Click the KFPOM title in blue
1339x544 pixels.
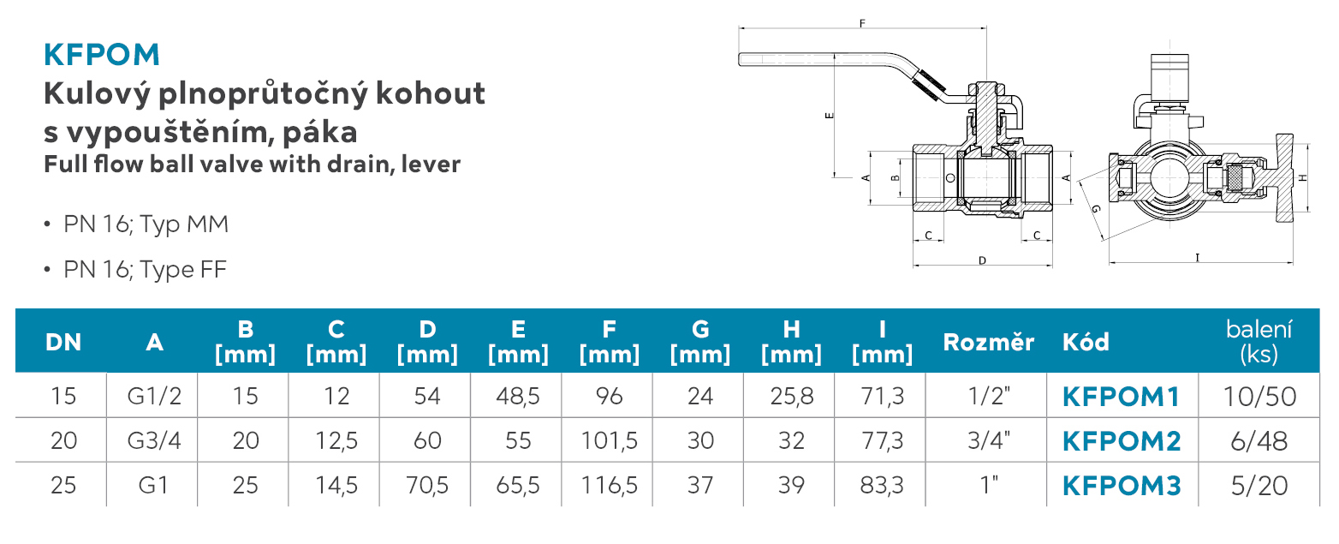click(x=102, y=55)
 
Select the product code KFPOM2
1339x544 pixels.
click(x=1122, y=441)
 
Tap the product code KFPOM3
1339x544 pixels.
click(x=1122, y=486)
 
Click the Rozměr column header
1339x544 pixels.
click(x=988, y=343)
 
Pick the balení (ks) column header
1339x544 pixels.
click(x=1259, y=342)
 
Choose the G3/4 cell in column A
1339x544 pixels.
click(x=154, y=441)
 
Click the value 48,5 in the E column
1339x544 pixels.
click(x=518, y=396)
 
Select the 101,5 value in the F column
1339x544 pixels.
click(x=609, y=441)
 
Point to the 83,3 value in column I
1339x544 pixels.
click(x=882, y=486)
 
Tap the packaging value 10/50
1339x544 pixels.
click(x=1259, y=396)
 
